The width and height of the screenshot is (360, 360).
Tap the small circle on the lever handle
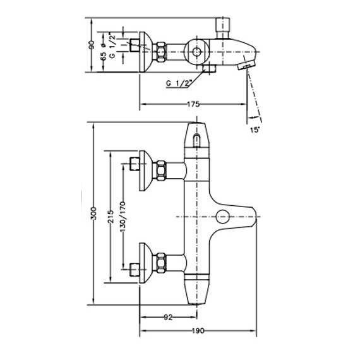click(x=222, y=217)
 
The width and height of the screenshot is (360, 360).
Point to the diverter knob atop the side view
click(x=222, y=27)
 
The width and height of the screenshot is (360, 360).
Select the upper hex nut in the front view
click(x=162, y=169)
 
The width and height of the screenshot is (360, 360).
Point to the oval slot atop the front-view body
click(x=196, y=140)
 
